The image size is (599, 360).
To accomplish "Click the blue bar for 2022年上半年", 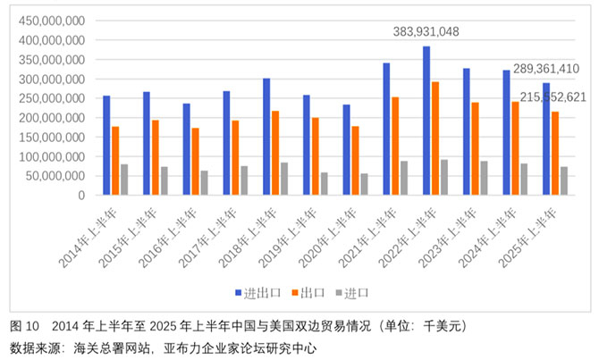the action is pyautogui.click(x=426, y=121).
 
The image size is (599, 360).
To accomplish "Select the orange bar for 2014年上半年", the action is pyautogui.click(x=115, y=161).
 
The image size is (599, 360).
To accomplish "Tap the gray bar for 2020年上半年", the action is pyautogui.click(x=364, y=184).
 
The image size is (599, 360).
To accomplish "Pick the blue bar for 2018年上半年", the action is pyautogui.click(x=266, y=137).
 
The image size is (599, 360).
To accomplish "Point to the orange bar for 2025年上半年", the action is pyautogui.click(x=555, y=154).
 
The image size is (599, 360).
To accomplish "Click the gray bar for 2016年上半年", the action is pyautogui.click(x=205, y=183).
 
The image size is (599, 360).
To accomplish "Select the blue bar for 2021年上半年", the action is pyautogui.click(x=386, y=129).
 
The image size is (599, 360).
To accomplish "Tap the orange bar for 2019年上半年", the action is pyautogui.click(x=316, y=156).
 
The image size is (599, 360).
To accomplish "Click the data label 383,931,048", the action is pyautogui.click(x=426, y=31).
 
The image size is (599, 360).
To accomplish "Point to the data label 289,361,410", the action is pyautogui.click(x=546, y=69).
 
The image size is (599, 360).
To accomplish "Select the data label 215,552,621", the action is pyautogui.click(x=553, y=97).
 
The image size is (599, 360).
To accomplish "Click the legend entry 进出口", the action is pyautogui.click(x=258, y=293).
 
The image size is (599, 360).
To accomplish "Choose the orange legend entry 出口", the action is pyautogui.click(x=308, y=293).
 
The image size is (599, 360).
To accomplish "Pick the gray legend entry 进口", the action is pyautogui.click(x=352, y=293).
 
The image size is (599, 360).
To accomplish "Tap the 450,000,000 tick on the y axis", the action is pyautogui.click(x=52, y=21).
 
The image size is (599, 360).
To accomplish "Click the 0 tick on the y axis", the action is pyautogui.click(x=81, y=196).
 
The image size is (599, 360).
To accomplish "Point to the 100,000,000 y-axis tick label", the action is pyautogui.click(x=52, y=156).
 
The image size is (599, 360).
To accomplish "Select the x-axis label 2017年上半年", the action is pyautogui.click(x=207, y=238).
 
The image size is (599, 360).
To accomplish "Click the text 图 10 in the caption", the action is pyautogui.click(x=24, y=326).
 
